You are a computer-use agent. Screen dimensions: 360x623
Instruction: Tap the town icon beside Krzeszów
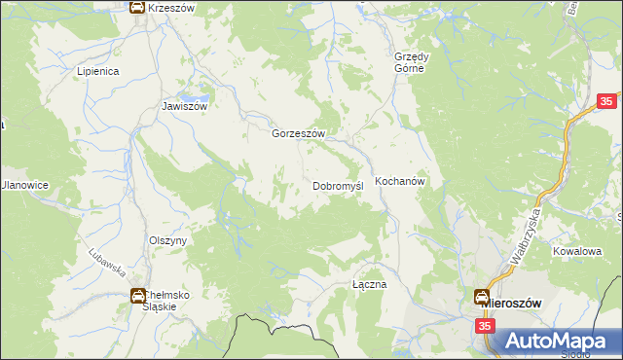[x=138, y=8]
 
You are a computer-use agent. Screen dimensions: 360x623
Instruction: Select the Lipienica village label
[x=97, y=71]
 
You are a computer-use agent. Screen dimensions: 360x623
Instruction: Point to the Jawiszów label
[x=185, y=107]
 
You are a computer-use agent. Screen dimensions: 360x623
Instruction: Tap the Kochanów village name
[x=395, y=182]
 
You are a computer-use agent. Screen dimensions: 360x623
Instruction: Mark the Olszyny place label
[x=166, y=240]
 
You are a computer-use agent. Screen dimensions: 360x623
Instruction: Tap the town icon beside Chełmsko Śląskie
[x=138, y=296]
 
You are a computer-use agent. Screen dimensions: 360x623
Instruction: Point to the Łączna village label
[x=370, y=285]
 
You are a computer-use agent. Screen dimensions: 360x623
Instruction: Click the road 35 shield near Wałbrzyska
[x=606, y=102]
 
